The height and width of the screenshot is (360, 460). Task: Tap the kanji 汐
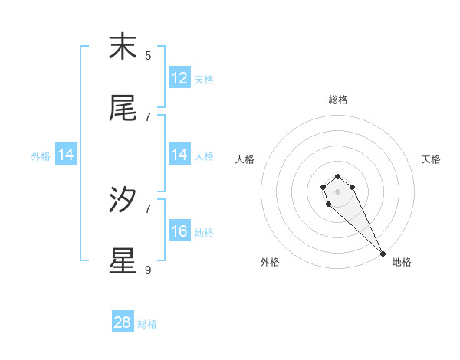(123, 200)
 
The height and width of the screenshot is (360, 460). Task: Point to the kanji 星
(123, 261)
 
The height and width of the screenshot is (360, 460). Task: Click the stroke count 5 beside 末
(148, 55)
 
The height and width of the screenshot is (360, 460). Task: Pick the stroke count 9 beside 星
(148, 270)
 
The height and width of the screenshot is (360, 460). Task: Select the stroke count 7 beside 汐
(148, 208)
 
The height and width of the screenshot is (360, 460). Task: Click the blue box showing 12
(179, 78)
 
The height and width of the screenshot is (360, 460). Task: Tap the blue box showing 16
(179, 231)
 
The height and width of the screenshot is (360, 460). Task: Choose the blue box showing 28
(123, 322)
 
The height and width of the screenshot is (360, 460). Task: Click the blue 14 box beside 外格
(66, 155)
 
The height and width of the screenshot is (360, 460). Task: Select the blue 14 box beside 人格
(179, 155)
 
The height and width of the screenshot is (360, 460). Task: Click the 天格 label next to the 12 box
(204, 79)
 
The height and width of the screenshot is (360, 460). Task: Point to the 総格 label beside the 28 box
(147, 324)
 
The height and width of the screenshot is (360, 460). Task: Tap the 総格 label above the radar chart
(338, 100)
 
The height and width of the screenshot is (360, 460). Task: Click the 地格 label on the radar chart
(402, 262)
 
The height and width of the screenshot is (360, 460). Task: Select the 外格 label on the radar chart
(270, 262)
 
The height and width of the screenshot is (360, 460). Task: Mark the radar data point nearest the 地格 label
(383, 254)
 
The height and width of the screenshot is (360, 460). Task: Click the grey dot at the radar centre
(337, 191)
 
